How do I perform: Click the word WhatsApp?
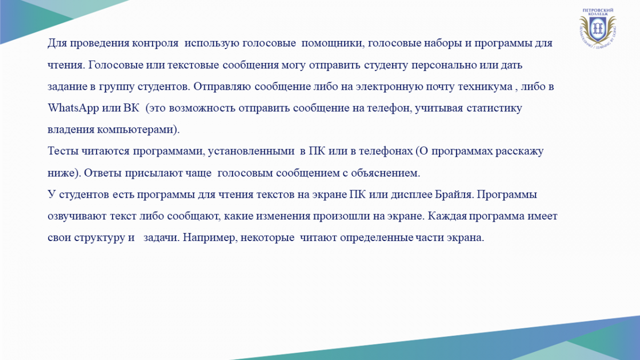point(73,108)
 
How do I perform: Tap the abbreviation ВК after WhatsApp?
point(131,108)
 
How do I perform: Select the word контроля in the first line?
point(155,43)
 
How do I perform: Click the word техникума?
point(485,86)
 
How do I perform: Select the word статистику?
point(494,108)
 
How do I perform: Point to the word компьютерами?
point(135,130)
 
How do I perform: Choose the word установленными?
point(251,151)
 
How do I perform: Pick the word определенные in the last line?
point(377,238)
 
